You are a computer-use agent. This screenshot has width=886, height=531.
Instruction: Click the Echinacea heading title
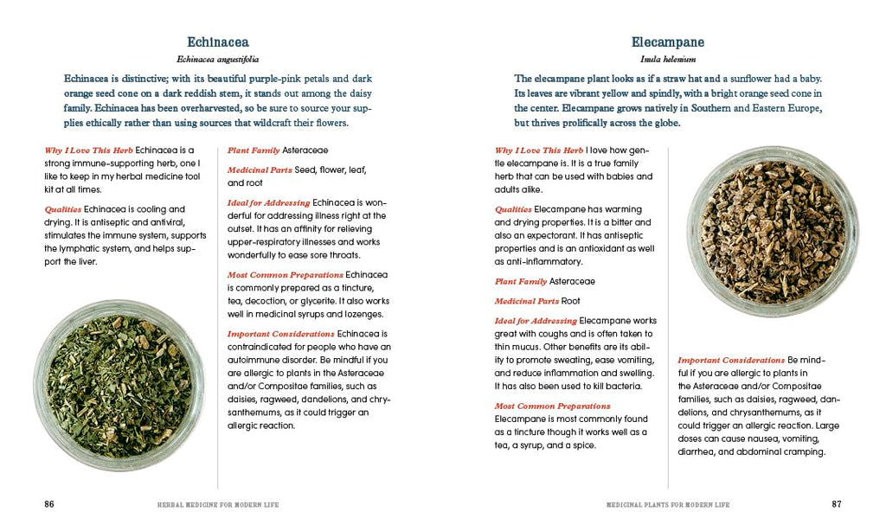[x=218, y=42]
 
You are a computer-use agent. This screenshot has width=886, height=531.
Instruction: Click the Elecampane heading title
[x=667, y=42]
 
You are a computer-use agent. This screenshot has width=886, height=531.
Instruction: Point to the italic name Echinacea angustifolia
[x=218, y=60]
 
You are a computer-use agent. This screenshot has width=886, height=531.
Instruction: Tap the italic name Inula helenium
[x=667, y=60]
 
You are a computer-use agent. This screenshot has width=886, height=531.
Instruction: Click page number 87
[x=836, y=503]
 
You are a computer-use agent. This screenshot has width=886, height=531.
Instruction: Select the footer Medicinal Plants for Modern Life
[x=667, y=504]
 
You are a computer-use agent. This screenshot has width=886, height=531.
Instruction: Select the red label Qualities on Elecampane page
[x=513, y=209]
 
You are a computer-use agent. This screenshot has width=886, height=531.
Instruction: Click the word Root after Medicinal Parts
[x=570, y=301]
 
